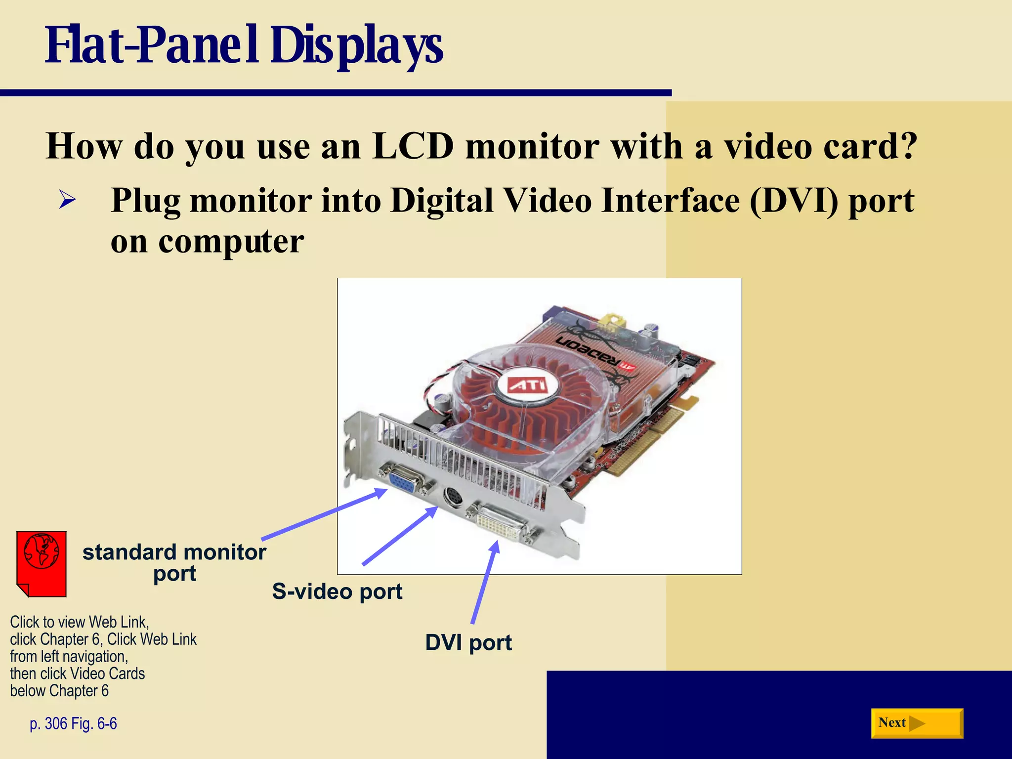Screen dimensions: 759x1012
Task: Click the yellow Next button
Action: tap(917, 723)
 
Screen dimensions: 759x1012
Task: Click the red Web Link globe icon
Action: tap(42, 564)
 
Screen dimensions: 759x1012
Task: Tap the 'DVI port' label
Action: tap(468, 642)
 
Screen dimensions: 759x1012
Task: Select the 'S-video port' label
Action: tap(337, 591)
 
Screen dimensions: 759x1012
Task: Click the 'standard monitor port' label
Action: tap(174, 562)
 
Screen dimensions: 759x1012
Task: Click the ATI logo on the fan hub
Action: tap(527, 385)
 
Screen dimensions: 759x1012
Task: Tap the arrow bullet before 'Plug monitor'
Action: tap(67, 200)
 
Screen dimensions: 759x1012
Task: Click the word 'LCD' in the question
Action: tap(413, 146)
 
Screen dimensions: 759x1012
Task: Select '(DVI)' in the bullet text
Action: tap(794, 201)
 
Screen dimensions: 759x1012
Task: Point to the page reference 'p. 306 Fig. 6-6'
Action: tap(73, 723)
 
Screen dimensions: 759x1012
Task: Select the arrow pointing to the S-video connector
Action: tap(400, 536)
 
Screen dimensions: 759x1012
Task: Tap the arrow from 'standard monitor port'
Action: tap(324, 514)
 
